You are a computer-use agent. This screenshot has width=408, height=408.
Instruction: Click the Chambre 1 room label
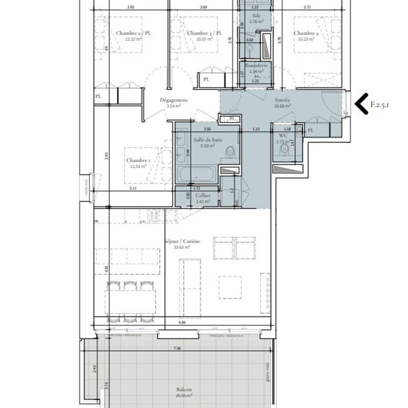[x=138, y=160]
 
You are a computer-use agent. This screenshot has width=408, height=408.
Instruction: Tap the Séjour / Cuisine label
[x=182, y=241]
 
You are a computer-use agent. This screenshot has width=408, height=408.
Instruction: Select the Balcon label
[x=184, y=389]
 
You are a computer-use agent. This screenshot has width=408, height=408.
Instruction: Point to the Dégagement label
[x=173, y=100]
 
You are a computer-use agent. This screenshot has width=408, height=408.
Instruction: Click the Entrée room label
[x=282, y=100]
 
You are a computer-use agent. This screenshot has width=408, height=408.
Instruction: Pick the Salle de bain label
[x=208, y=140]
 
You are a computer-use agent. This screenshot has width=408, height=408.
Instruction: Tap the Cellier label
[x=202, y=195]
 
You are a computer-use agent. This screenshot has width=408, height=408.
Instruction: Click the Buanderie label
[x=256, y=65]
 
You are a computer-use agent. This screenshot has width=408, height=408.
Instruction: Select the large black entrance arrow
[x=361, y=104]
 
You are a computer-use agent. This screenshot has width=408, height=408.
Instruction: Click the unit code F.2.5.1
[x=380, y=104]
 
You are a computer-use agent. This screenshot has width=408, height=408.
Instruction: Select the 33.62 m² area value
[x=182, y=247]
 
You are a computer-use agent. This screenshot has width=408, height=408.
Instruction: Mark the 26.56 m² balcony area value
[x=184, y=395]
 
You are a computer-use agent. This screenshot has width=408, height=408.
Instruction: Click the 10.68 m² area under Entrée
[x=282, y=105]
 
